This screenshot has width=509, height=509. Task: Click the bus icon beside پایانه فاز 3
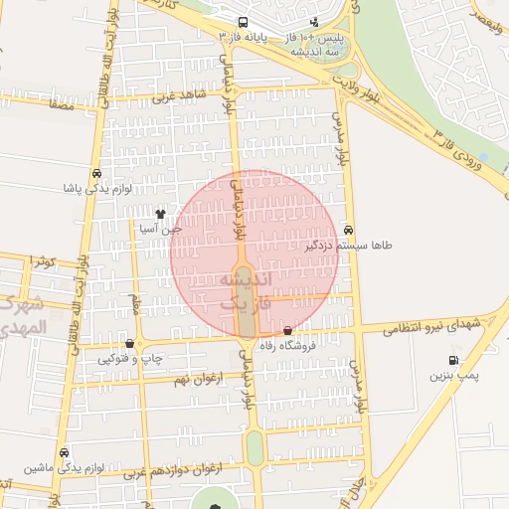coord(244,21)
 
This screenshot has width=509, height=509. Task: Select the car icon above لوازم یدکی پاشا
coord(95,171)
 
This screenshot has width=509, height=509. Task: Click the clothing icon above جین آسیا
coord(160,213)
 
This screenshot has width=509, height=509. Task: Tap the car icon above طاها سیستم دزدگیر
coord(347,229)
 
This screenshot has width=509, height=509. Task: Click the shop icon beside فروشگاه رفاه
coord(288,331)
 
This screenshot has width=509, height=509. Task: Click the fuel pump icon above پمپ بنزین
coord(454,361)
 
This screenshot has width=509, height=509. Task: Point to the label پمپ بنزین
coord(454,376)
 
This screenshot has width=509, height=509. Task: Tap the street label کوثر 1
coord(40,260)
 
